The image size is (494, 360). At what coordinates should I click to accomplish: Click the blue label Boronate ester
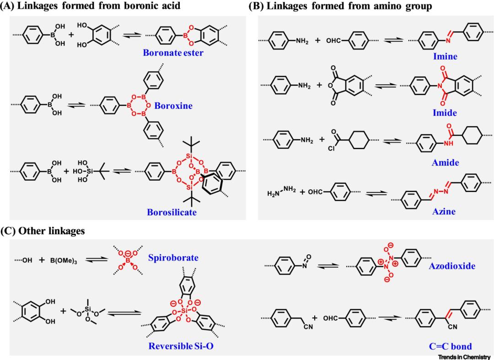[173, 53]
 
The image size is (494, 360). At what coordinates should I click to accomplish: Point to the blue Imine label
[445, 57]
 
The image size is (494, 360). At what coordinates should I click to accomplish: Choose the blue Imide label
[445, 113]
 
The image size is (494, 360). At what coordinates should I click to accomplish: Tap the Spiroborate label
[173, 258]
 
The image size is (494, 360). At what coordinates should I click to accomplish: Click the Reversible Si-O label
[181, 346]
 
